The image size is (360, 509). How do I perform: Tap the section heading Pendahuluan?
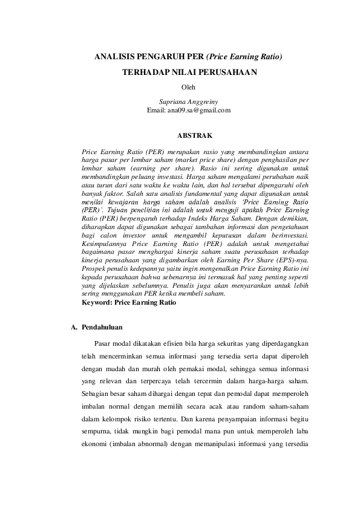click(x=102, y=328)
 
